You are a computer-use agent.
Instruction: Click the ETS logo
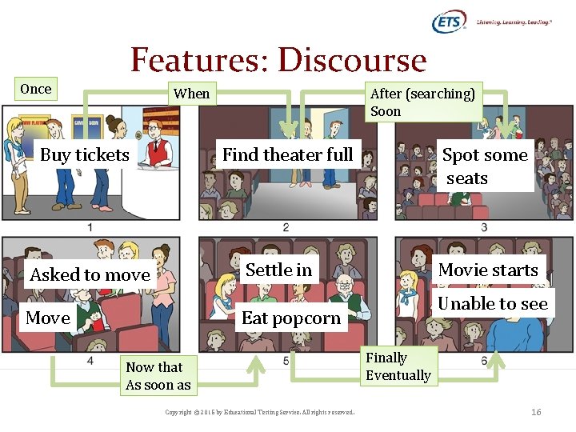449,22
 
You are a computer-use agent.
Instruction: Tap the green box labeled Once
36,89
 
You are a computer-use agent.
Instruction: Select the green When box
192,94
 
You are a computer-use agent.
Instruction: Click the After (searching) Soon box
422,102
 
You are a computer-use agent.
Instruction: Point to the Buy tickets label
85,155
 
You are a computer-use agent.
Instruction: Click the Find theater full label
287,154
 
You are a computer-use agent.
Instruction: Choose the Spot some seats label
485,166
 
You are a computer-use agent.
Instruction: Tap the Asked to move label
90,274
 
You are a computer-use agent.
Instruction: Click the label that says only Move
48,318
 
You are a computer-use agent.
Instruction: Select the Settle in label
278,270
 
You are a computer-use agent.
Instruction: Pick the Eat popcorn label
291,318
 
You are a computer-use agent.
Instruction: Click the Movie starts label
488,270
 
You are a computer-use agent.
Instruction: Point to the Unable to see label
493,303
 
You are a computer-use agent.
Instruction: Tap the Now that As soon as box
158,376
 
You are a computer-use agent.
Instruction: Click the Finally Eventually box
398,366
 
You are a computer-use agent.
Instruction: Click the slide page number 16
536,412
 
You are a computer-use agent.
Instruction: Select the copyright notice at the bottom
259,413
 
